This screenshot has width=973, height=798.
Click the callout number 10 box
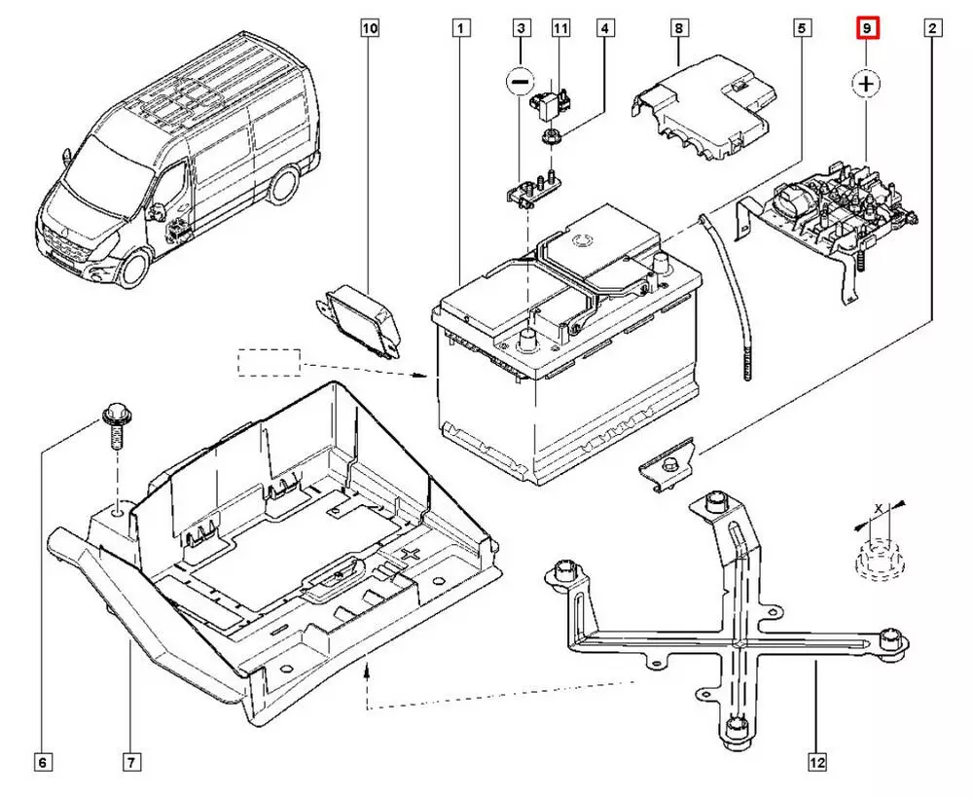coord(369,29)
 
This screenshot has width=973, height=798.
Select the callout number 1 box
coord(459,29)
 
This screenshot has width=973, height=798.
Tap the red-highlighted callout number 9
coord(866,29)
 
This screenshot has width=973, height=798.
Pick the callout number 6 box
coord(43,762)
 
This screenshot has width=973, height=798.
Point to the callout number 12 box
coord(817,762)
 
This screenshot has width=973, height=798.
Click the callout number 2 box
coord(931,29)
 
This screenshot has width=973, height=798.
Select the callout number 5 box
coord(801,29)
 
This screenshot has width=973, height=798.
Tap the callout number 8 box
coord(678,29)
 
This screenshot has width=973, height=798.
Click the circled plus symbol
coord(866,84)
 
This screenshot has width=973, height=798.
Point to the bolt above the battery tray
coord(115,428)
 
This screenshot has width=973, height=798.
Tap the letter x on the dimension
coord(879,509)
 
